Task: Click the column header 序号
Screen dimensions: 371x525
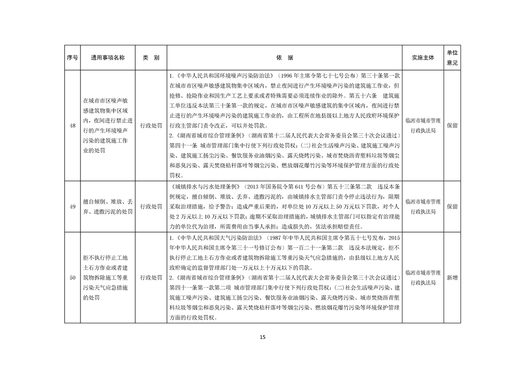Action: point(72,58)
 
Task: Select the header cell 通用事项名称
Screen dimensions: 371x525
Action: point(108,58)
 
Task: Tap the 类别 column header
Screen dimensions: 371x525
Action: point(151,58)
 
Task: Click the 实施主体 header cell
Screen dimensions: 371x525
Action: point(423,58)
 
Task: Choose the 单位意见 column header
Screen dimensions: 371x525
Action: point(452,58)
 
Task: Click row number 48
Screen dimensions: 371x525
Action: point(72,125)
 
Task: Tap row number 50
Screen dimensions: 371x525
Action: point(72,278)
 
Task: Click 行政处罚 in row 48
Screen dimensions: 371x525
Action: point(151,125)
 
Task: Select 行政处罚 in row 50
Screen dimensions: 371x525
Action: point(151,278)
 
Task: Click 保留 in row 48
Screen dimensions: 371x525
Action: point(452,125)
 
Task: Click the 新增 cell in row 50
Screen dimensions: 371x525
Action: point(452,278)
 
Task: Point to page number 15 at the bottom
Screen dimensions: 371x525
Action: point(262,337)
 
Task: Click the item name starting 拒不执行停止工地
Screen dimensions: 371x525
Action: point(108,278)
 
